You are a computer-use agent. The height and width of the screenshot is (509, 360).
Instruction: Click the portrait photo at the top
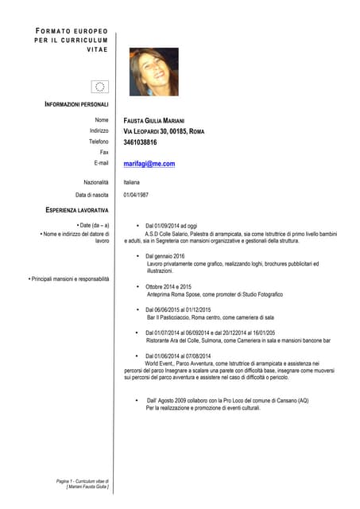tap(154, 72)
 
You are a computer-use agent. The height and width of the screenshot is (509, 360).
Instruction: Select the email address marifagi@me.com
tap(149, 164)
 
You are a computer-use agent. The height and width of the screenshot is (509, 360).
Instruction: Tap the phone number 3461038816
tap(141, 142)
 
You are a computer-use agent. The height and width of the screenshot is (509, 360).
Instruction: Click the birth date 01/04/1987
tap(136, 194)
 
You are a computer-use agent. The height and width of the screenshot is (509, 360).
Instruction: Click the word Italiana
tap(131, 182)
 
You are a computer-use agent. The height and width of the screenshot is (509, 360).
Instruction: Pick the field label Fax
tap(103, 152)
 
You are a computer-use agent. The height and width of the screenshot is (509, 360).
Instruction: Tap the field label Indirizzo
tap(99, 130)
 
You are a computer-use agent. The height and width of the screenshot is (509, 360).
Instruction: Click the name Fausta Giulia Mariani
tap(155, 119)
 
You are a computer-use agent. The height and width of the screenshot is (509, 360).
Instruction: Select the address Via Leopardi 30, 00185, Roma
tap(164, 130)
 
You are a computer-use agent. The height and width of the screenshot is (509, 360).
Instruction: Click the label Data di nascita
tap(91, 194)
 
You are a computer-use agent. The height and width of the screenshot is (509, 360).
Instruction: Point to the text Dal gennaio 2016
tap(165, 257)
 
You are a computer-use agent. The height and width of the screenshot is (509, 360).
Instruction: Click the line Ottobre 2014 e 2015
tap(168, 286)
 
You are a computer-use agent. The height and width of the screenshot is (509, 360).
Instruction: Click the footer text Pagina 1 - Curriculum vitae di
tap(82, 481)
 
